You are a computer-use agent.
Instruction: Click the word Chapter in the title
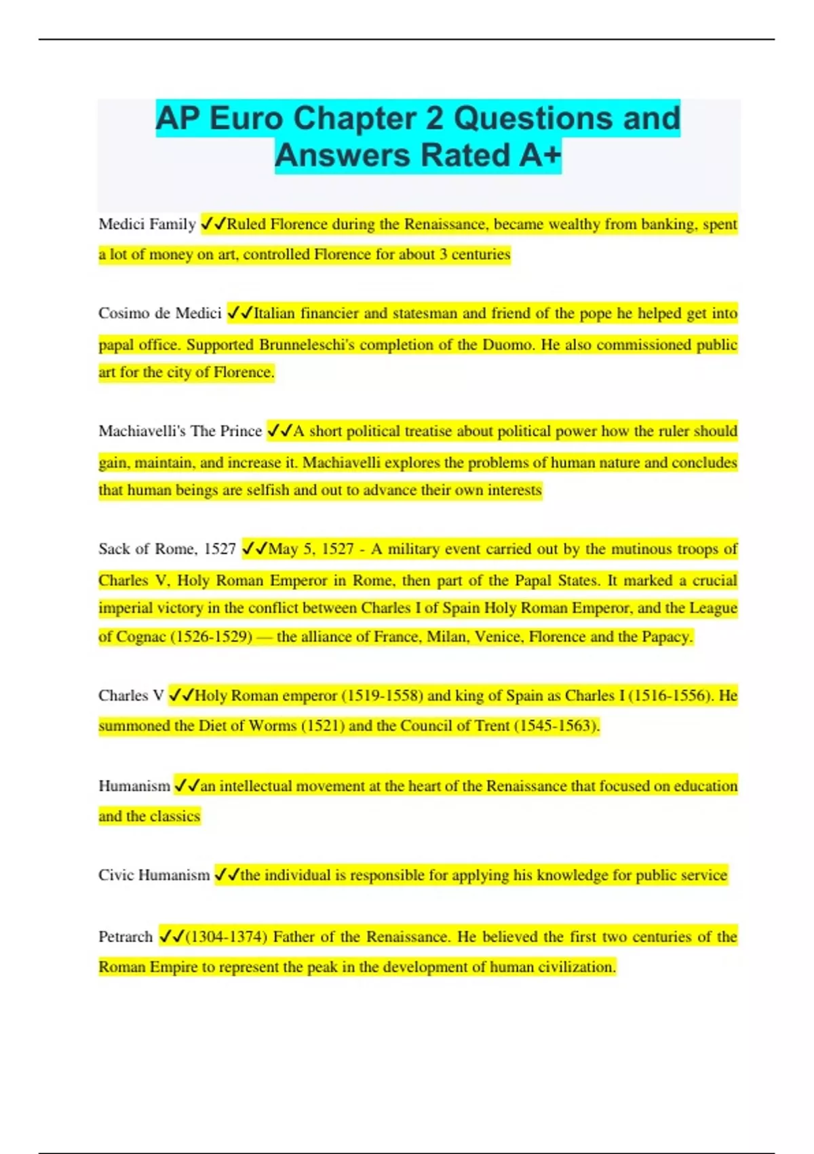point(360,119)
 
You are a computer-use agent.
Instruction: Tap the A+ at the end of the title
point(540,155)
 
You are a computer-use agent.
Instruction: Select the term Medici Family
point(147,224)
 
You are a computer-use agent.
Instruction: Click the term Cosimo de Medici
point(160,313)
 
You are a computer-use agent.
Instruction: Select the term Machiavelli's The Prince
point(180,431)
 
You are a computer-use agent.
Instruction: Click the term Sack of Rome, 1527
point(167,548)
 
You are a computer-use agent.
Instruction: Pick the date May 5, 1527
point(311,548)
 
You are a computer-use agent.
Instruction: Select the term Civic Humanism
point(154,875)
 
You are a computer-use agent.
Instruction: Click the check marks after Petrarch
point(171,937)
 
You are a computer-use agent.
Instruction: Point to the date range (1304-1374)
point(226,937)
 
